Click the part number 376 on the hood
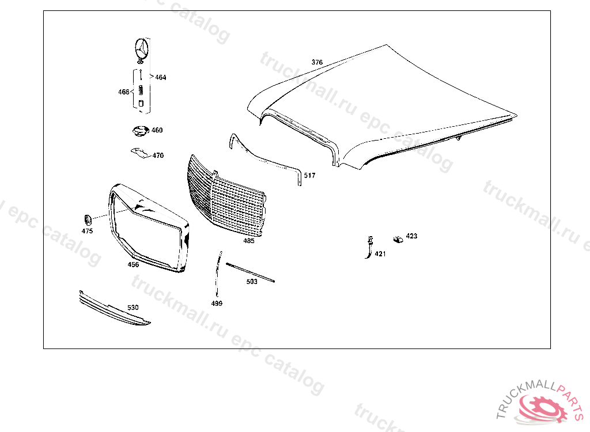pos(317,62)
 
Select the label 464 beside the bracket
pos(160,77)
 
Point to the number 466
pos(124,92)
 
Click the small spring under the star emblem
pos(141,89)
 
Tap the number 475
pos(87,231)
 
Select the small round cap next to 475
pos(87,219)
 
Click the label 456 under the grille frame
pos(133,265)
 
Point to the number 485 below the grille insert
pos(248,241)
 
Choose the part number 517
pos(309,176)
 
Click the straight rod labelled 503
pos(251,272)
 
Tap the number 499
pos(217,303)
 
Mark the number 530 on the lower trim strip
pos(133,308)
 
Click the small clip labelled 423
pos(398,238)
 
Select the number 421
pos(380,253)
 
